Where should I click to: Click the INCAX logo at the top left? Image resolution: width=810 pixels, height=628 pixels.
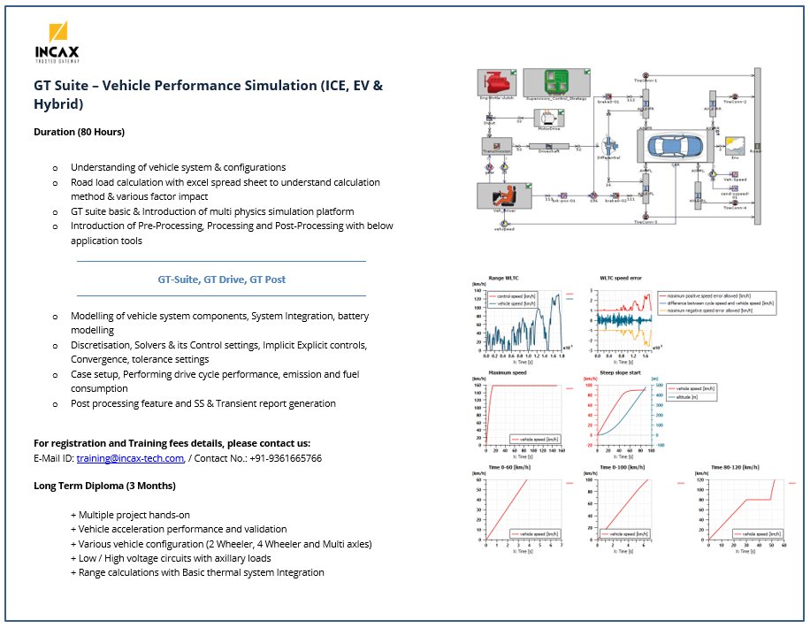57,42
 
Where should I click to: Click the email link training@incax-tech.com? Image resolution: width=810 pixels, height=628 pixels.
130,458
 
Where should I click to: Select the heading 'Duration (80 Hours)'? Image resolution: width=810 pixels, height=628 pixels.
80,132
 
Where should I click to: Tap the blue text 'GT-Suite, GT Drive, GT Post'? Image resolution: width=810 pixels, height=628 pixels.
221,279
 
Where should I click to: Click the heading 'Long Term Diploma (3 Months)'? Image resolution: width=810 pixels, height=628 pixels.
104,486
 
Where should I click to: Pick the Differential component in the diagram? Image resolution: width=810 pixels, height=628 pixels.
608,147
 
